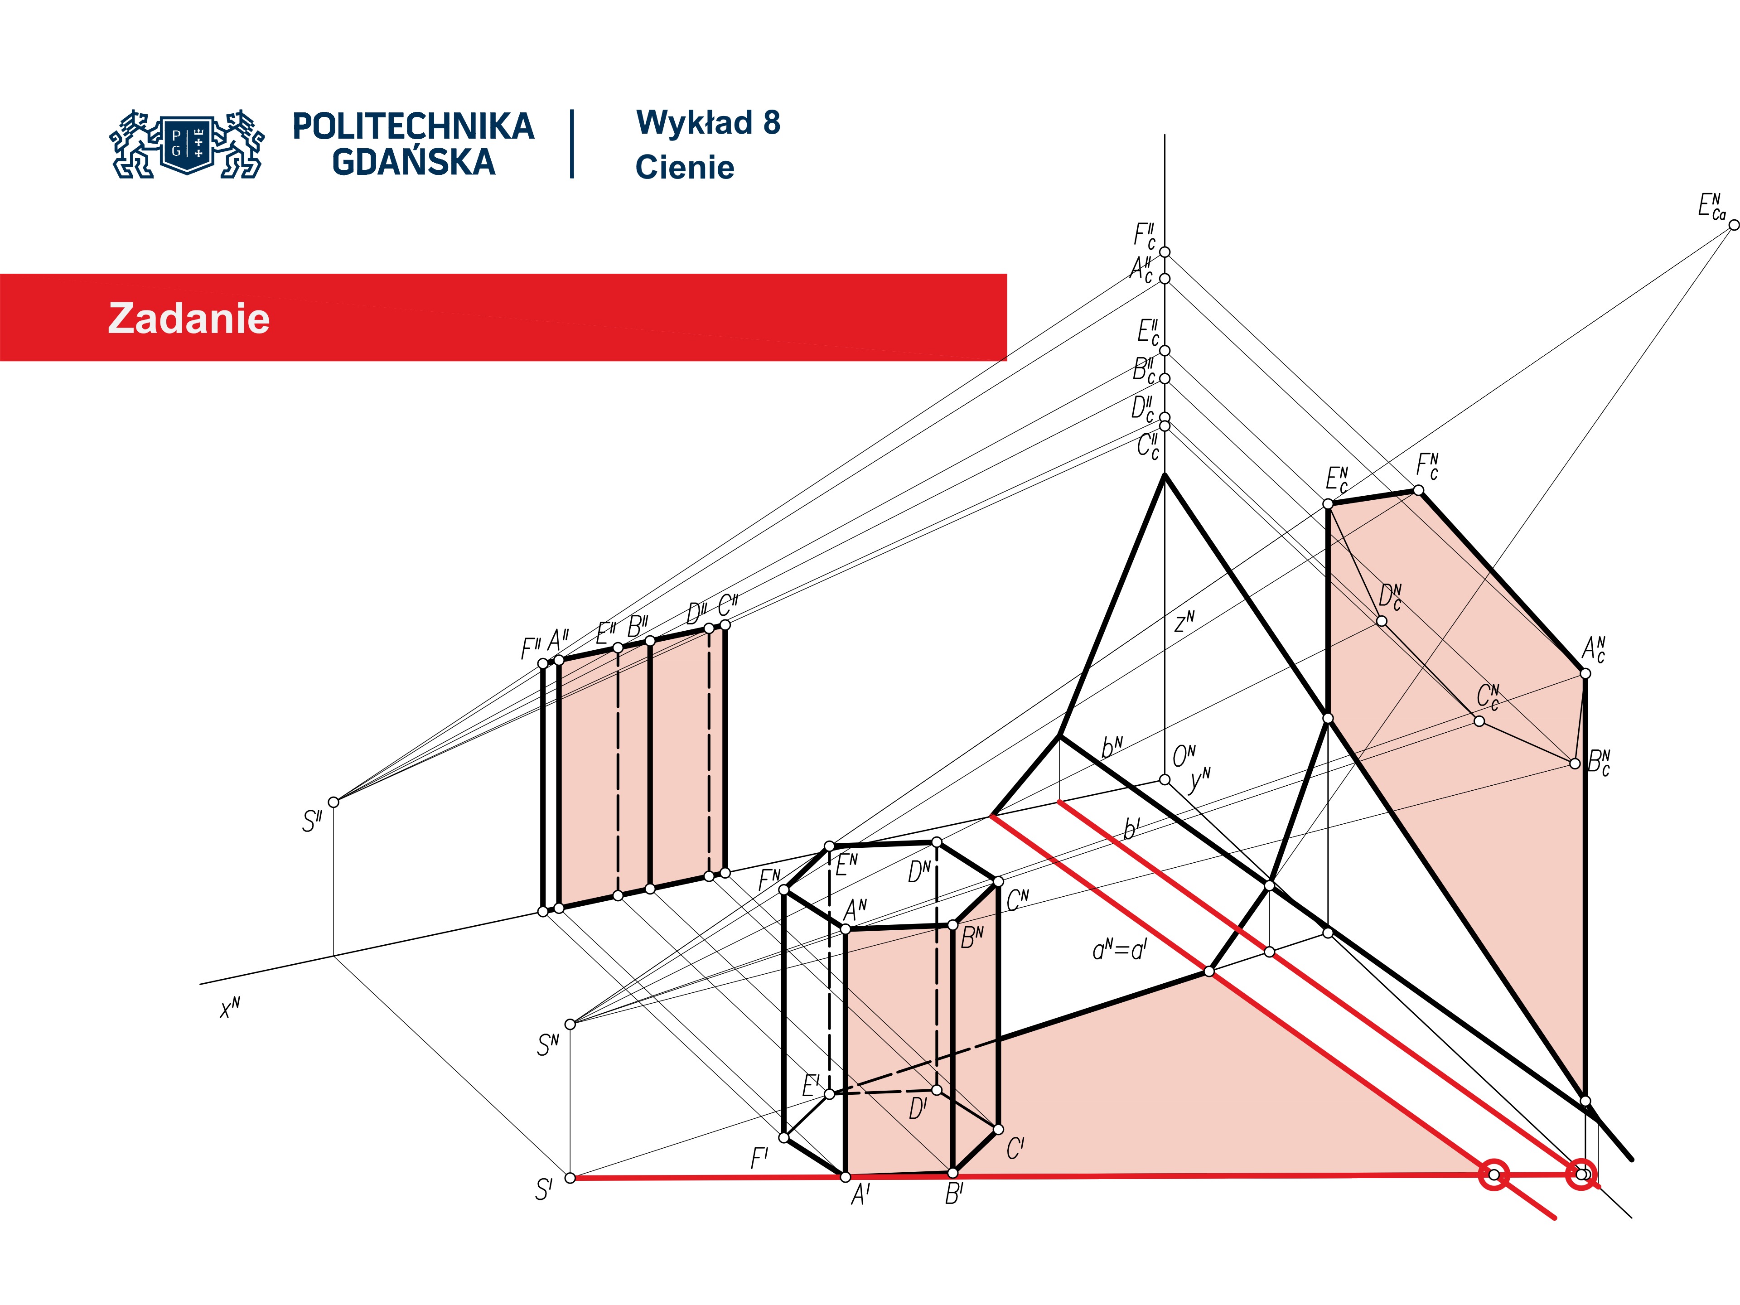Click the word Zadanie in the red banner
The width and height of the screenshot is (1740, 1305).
point(189,319)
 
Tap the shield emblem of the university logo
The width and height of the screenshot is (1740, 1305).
point(187,143)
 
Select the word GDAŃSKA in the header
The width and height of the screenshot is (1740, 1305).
point(414,162)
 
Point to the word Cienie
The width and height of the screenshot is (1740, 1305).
point(684,168)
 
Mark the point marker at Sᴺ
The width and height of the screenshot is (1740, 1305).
point(570,1024)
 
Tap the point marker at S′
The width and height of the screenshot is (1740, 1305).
point(570,1178)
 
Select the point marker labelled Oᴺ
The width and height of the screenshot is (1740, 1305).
point(1164,779)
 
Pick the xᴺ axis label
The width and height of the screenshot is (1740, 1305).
point(230,1008)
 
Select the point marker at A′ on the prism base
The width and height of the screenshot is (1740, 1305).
point(846,1177)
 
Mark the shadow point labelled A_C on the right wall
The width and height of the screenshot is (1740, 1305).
point(1585,673)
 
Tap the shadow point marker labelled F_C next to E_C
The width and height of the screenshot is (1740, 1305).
point(1418,490)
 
